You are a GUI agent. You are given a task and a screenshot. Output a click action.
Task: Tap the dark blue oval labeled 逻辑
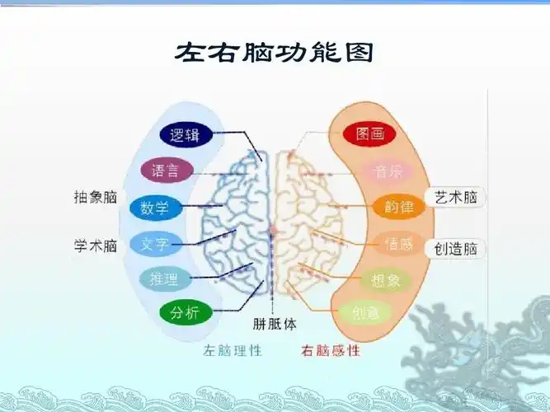pyautogui.click(x=185, y=134)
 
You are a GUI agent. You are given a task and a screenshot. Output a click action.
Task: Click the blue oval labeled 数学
pyautogui.click(x=155, y=208)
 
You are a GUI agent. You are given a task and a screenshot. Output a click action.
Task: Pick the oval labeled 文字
pyautogui.click(x=155, y=244)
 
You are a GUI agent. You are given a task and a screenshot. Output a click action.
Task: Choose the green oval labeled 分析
pyautogui.click(x=185, y=313)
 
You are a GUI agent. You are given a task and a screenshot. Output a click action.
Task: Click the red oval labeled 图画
pyautogui.click(x=370, y=134)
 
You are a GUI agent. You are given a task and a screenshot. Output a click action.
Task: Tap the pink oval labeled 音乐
pyautogui.click(x=388, y=171)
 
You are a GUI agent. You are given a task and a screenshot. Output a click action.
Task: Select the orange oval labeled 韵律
pyautogui.click(x=398, y=206)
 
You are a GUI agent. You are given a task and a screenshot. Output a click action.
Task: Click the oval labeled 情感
pyautogui.click(x=398, y=243)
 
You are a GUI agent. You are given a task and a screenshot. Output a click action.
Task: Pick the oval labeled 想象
pyautogui.click(x=386, y=280)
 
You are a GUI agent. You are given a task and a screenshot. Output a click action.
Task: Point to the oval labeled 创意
pyautogui.click(x=365, y=312)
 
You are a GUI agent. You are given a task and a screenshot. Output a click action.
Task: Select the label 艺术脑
pyautogui.click(x=457, y=197)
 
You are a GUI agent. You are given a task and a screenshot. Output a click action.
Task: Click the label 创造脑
pyautogui.click(x=457, y=248)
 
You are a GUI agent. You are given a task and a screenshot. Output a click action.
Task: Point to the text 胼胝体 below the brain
pyautogui.click(x=275, y=324)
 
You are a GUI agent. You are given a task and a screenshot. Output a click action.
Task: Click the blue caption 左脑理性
pyautogui.click(x=233, y=350)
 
